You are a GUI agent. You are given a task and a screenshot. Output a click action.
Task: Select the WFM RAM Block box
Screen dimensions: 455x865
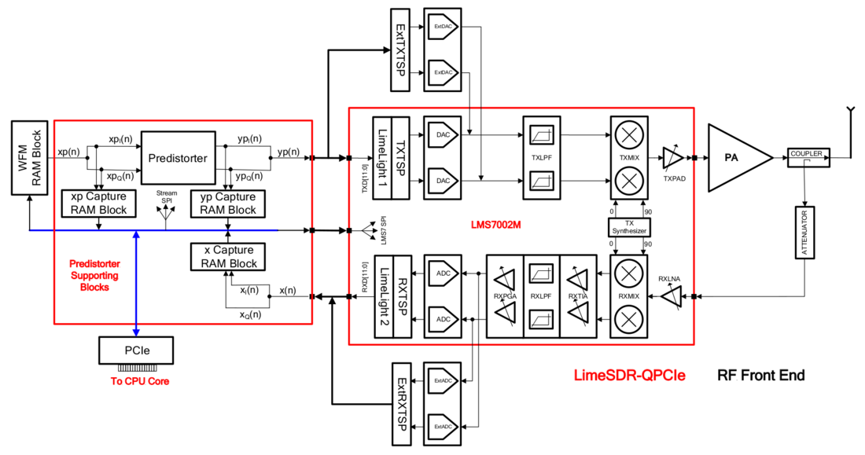pos(29,158)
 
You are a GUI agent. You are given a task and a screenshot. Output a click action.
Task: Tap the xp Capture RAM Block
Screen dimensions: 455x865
pos(98,203)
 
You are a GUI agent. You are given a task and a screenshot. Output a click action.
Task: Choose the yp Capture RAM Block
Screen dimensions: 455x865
pos(228,203)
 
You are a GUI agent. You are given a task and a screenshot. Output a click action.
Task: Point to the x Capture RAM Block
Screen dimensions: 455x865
pos(228,256)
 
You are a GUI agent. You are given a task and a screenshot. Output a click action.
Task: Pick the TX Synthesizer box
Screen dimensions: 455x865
pos(628,227)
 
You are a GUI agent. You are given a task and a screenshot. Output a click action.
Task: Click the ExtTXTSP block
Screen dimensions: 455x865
pos(399,49)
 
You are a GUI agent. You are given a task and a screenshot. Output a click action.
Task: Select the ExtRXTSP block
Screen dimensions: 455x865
pos(399,403)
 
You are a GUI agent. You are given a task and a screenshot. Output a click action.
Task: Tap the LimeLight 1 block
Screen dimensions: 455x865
pos(382,158)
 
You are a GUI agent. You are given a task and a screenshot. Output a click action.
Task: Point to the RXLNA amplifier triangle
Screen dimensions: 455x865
pos(672,296)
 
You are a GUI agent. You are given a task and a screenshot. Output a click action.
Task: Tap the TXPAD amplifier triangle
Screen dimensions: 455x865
pos(672,156)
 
